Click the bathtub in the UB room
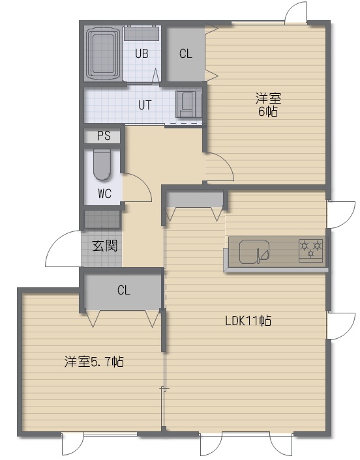(103, 53)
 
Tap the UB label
(142, 53)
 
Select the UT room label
(145, 105)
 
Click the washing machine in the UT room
(188, 104)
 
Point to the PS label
(104, 136)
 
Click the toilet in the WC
(102, 164)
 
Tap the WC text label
(104, 194)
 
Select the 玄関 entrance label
(105, 246)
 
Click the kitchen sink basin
(254, 252)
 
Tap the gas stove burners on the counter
(310, 250)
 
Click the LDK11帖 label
(248, 321)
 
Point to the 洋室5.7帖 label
(94, 362)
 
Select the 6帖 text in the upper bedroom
(268, 111)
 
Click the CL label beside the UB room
(186, 53)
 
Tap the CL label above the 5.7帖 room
(124, 290)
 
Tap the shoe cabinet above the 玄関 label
(102, 219)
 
